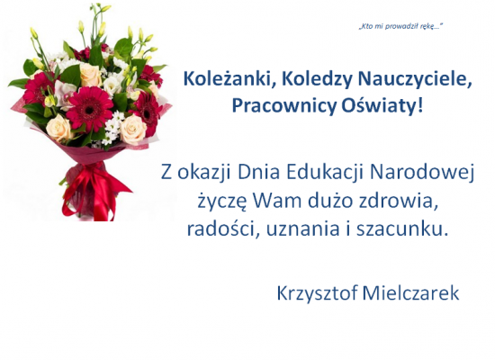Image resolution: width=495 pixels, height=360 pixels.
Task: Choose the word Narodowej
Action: click(x=422, y=173)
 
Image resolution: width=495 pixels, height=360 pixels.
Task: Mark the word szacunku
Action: click(x=402, y=229)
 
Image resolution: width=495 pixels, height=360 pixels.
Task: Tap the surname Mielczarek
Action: click(x=410, y=293)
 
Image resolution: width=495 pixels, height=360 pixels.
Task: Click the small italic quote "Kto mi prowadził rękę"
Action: click(x=400, y=26)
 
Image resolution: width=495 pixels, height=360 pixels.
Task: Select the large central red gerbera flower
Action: click(x=89, y=109)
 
